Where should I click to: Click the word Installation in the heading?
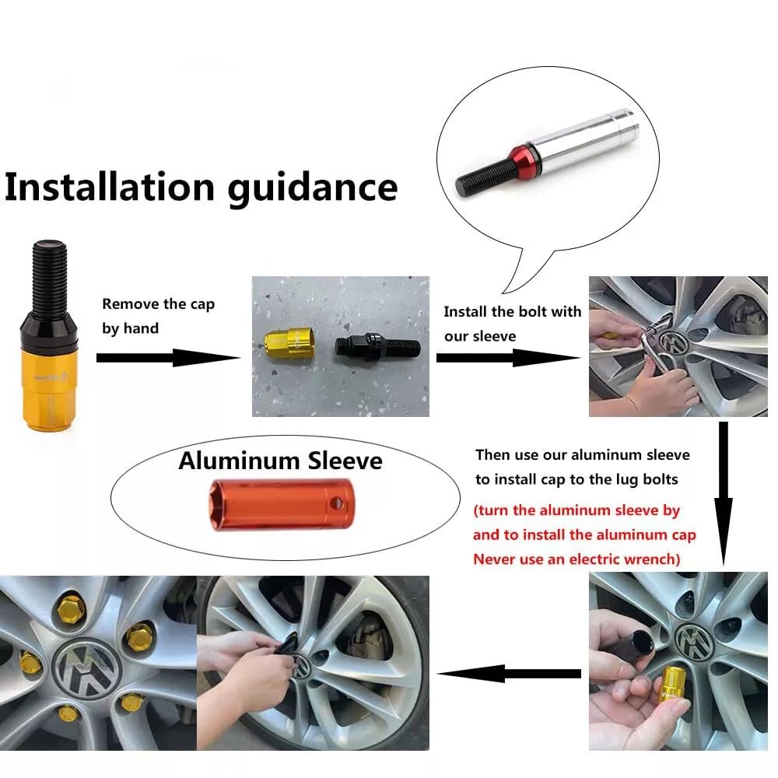pyautogui.click(x=110, y=187)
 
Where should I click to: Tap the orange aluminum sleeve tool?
pyautogui.click(x=282, y=505)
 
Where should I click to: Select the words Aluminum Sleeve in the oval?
pyautogui.click(x=280, y=461)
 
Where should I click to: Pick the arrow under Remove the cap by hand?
pyautogui.click(x=168, y=358)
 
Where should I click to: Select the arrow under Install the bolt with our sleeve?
pyautogui.click(x=508, y=358)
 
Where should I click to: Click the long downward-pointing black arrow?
pyautogui.click(x=724, y=494)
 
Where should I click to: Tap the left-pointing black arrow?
pyautogui.click(x=509, y=673)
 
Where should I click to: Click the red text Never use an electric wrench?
pyautogui.click(x=576, y=559)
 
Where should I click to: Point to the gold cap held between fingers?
pyautogui.click(x=672, y=687)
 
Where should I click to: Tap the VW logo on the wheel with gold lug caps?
pyautogui.click(x=87, y=668)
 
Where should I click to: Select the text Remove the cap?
pyautogui.click(x=158, y=303)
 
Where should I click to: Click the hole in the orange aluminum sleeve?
pyautogui.click(x=337, y=503)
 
